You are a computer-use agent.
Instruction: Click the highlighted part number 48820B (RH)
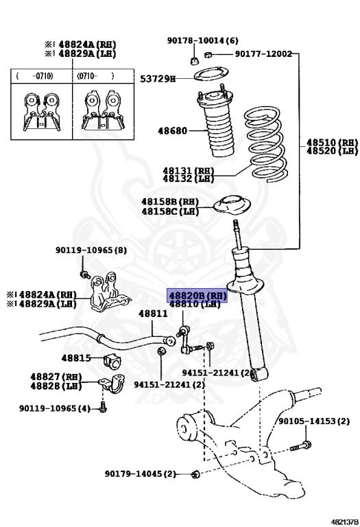(197, 294)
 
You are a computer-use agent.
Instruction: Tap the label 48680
(173, 130)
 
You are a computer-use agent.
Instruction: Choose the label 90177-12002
(263, 54)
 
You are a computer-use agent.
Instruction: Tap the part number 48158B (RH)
(169, 202)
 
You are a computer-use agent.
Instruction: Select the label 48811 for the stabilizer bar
(153, 314)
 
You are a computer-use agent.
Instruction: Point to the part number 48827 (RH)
(56, 377)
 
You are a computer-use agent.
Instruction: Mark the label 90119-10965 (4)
(54, 409)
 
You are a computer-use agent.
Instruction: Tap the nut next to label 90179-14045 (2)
(195, 474)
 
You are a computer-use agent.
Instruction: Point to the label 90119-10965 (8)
(91, 250)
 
